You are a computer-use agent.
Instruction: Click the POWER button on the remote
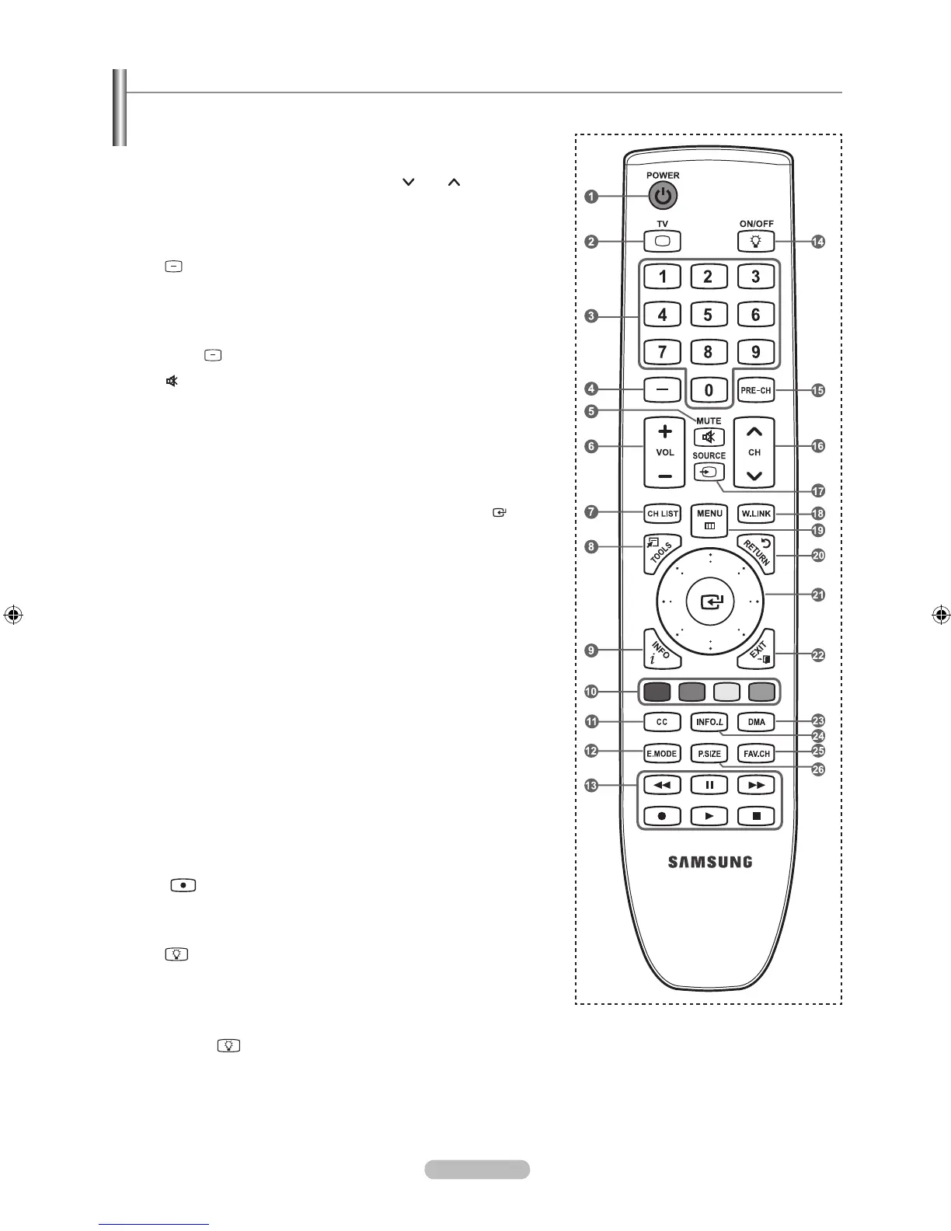pos(662,196)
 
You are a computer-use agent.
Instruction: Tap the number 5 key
pos(708,315)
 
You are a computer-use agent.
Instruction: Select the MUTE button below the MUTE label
pos(709,438)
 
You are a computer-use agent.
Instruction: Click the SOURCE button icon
pos(709,472)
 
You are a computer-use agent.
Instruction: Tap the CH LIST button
pos(663,514)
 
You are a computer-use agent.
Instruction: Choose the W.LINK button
pos(755,514)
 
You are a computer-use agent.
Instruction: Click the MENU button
pos(709,518)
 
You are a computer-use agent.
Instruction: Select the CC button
pos(662,722)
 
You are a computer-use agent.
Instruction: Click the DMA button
pos(756,722)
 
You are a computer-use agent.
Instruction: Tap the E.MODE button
pos(662,753)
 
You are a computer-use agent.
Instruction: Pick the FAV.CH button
pos(756,753)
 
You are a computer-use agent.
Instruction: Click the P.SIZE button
pos(709,753)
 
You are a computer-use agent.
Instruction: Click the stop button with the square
pos(756,816)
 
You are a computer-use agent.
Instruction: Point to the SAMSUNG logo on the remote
pos(709,861)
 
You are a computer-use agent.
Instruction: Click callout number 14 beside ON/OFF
pos(817,242)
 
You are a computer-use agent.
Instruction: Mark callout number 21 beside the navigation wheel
pos(817,595)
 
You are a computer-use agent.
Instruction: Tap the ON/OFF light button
pos(756,242)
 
